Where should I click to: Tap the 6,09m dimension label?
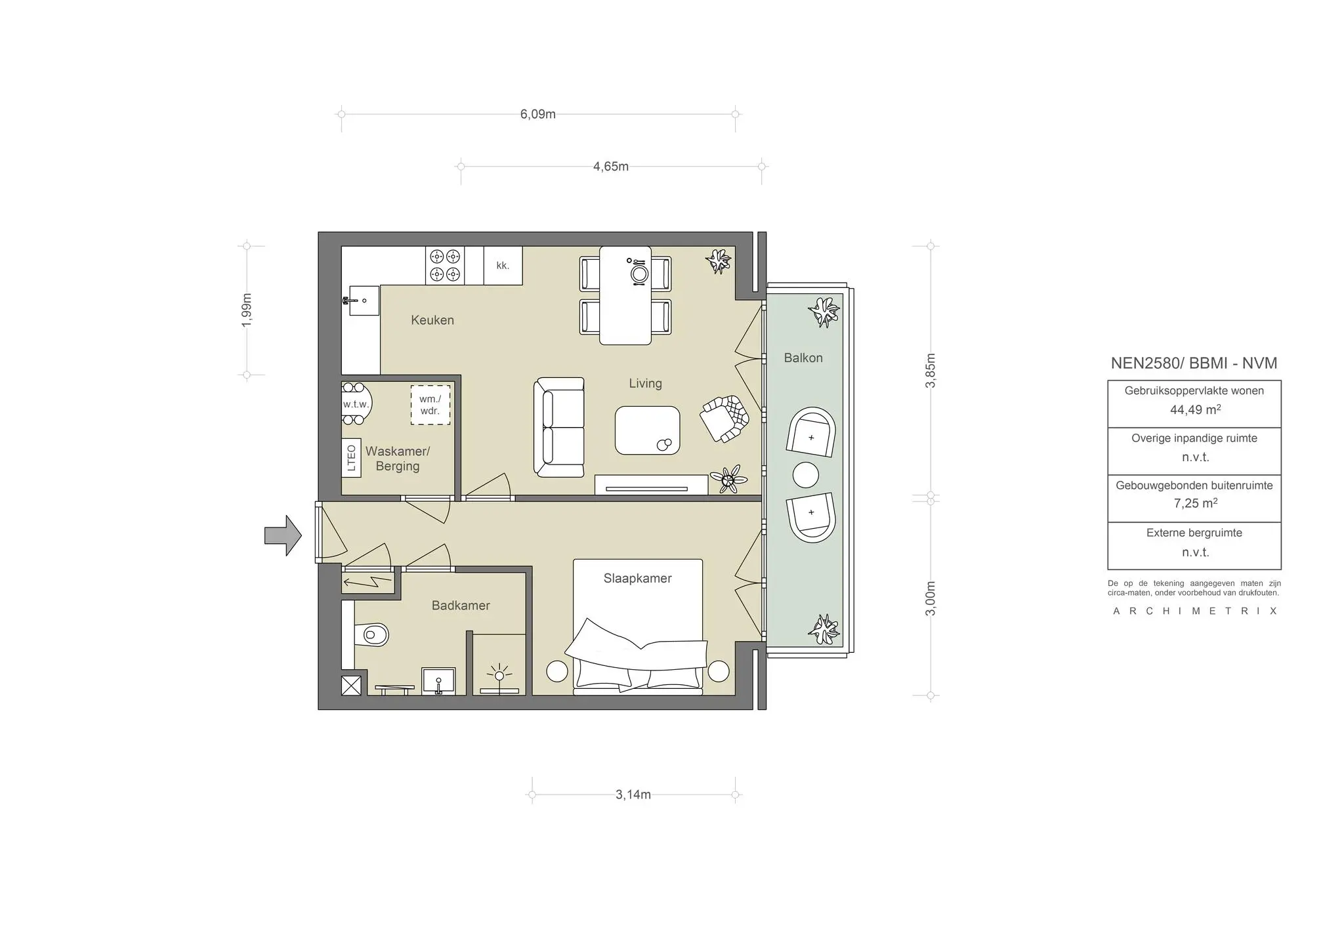coord(537,114)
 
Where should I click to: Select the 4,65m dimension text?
coord(610,167)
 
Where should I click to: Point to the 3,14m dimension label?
coord(633,795)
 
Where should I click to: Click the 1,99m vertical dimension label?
coord(247,310)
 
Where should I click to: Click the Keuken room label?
coord(432,320)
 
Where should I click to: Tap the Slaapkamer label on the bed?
coord(637,578)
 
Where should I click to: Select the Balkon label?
coord(803,358)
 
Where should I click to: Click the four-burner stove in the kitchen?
coord(445,265)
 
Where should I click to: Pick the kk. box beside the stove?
coord(503,266)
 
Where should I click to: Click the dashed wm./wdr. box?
coord(430,405)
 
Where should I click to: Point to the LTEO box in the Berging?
coord(351,457)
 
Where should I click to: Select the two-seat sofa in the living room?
coord(558,426)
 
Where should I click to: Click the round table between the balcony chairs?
coord(805,475)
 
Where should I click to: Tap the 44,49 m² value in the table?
coord(1194,410)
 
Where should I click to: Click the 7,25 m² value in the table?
coord(1194,504)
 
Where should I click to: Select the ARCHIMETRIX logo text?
coord(1194,611)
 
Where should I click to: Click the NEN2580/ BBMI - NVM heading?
coord(1194,363)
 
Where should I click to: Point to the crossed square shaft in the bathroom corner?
coord(351,686)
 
